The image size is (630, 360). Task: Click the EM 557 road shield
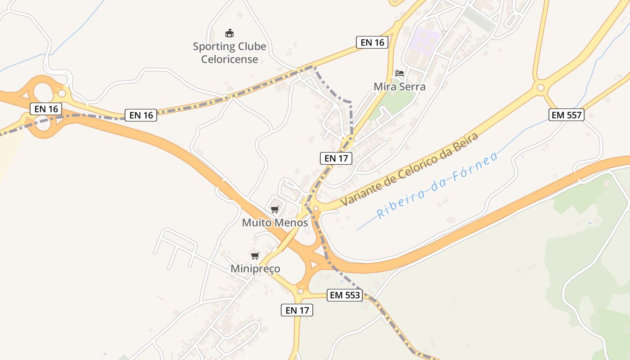[x=567, y=115]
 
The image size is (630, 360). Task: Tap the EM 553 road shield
[x=345, y=295]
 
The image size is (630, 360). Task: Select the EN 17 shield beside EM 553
[x=297, y=310]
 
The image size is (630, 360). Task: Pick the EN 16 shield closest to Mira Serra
[x=372, y=42]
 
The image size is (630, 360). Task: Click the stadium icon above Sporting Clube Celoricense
[x=229, y=33]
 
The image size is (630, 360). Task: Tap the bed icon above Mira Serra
[x=400, y=73]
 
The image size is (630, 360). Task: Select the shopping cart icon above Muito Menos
[x=275, y=209]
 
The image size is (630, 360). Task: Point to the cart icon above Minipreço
[x=255, y=256]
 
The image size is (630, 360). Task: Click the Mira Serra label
[x=400, y=86]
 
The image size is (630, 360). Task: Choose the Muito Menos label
[x=275, y=222]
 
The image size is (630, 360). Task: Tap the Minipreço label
[x=255, y=269]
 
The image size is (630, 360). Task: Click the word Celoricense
[x=229, y=59]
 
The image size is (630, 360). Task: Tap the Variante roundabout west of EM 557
[x=540, y=88]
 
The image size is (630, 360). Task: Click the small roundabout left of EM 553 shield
[x=300, y=291]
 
